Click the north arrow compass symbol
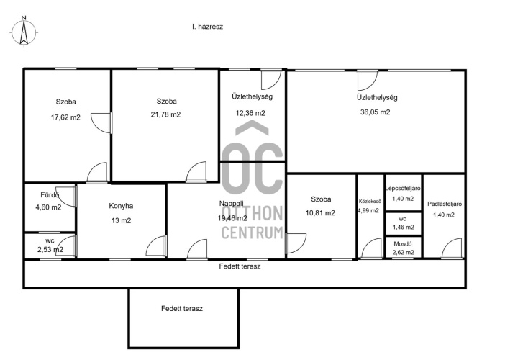[x=24, y=32]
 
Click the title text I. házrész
[x=207, y=27]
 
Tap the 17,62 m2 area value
[x=65, y=117]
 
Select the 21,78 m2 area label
[x=166, y=114]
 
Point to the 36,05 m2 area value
[x=376, y=112]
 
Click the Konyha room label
[x=121, y=206]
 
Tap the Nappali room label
[x=231, y=204]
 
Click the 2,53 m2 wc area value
[x=50, y=249]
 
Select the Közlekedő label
[x=370, y=202]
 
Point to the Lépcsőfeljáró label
[x=403, y=189]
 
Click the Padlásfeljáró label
[x=445, y=204]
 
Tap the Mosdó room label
[x=403, y=244]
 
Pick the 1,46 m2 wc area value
[x=404, y=228]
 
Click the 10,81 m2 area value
[x=320, y=213]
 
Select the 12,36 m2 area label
[x=250, y=113]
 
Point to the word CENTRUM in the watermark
[x=252, y=233]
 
